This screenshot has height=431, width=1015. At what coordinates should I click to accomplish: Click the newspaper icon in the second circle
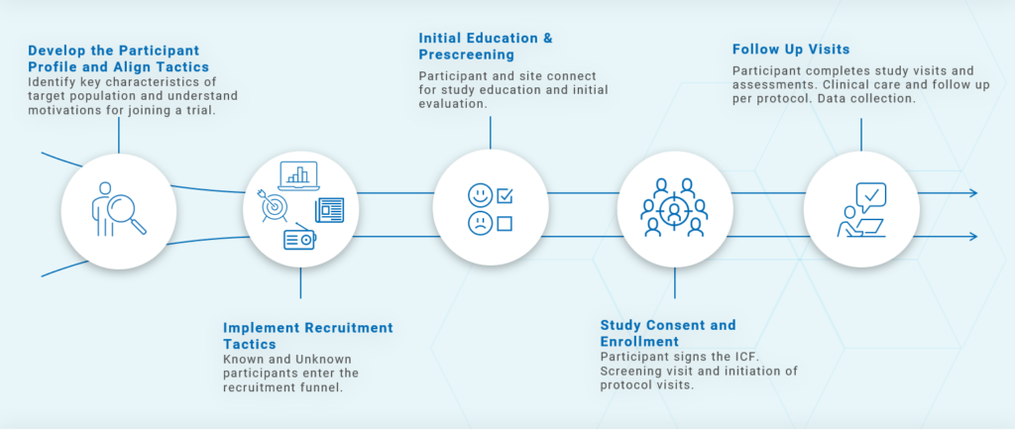click(x=330, y=210)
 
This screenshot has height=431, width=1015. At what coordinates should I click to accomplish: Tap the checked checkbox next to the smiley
click(x=505, y=194)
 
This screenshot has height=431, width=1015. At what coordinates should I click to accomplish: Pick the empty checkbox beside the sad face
click(x=505, y=224)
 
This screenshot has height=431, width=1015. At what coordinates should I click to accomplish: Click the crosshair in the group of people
click(x=674, y=212)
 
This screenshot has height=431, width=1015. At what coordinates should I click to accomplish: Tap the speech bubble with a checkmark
click(x=870, y=196)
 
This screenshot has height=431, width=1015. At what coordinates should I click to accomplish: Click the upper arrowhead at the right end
click(x=972, y=192)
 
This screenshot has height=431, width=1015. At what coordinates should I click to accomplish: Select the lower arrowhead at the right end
click(x=972, y=236)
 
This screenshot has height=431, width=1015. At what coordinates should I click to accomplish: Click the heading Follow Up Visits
click(x=791, y=49)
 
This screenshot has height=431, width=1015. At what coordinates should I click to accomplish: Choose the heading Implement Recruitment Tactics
click(x=307, y=335)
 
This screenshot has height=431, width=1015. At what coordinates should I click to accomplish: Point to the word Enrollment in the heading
click(x=639, y=342)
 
